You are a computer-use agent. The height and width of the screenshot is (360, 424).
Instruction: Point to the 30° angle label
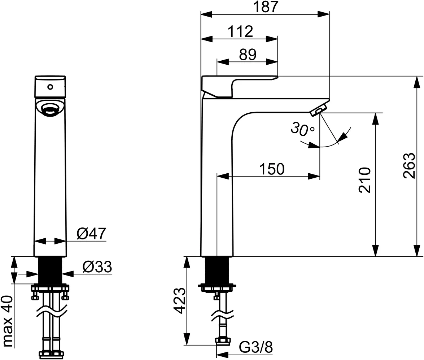click(x=302, y=129)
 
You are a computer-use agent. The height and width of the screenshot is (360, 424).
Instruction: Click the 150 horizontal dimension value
click(x=271, y=169)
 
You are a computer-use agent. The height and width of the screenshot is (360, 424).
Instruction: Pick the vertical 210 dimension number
click(x=365, y=179)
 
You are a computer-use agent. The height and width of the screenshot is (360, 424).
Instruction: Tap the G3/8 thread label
click(x=256, y=348)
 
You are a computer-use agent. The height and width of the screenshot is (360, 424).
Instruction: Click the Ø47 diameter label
click(x=91, y=234)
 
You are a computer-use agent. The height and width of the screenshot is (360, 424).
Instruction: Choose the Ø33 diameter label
click(x=97, y=267)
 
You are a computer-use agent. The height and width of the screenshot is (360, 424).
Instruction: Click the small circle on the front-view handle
click(x=50, y=87)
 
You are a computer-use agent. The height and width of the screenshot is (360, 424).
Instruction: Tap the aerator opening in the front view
click(x=50, y=109)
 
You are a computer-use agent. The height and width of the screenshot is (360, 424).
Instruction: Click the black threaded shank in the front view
click(x=51, y=270)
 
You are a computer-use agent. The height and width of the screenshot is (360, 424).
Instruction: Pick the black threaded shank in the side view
click(x=217, y=270)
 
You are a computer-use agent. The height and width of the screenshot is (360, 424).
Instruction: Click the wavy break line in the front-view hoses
click(x=51, y=311)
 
